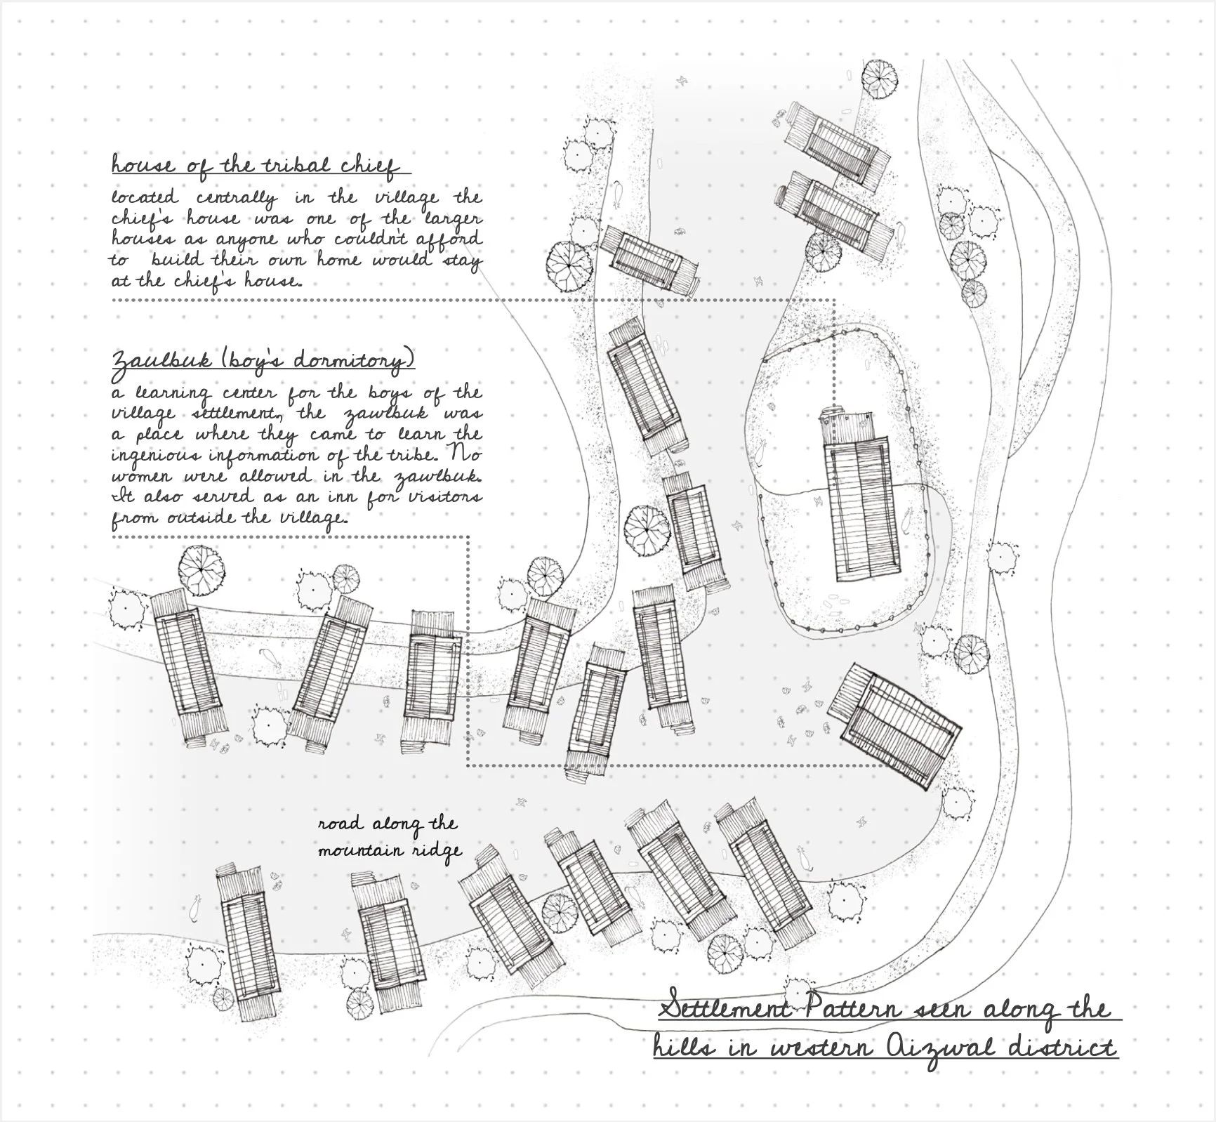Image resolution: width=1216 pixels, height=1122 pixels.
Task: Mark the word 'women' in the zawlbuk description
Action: (x=143, y=475)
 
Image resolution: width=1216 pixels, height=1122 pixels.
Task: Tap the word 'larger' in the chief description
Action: (x=450, y=219)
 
